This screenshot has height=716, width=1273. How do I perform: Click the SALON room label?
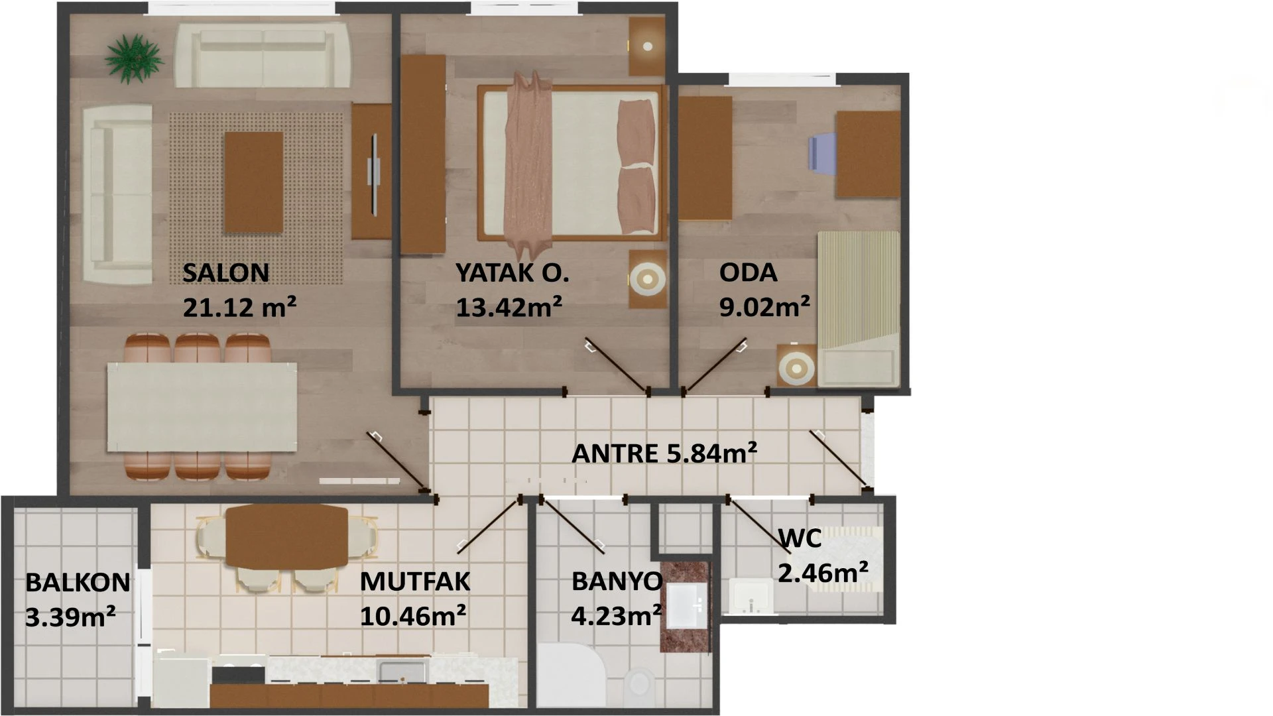pyautogui.click(x=225, y=272)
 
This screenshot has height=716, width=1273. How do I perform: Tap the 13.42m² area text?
pyautogui.click(x=509, y=307)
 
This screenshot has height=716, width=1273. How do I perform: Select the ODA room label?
pyautogui.click(x=748, y=272)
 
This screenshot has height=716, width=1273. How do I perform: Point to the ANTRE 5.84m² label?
pyautogui.click(x=664, y=453)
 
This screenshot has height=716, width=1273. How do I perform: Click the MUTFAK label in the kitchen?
pyautogui.click(x=415, y=581)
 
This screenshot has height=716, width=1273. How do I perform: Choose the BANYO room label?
pyautogui.click(x=617, y=581)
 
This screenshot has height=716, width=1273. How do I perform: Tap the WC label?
pyautogui.click(x=800, y=538)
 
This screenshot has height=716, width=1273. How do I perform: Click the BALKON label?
pyautogui.click(x=78, y=583)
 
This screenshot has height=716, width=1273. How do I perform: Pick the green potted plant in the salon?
pyautogui.click(x=135, y=58)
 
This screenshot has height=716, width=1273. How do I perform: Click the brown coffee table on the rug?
pyautogui.click(x=254, y=182)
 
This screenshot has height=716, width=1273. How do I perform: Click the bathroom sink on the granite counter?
pyautogui.click(x=686, y=605)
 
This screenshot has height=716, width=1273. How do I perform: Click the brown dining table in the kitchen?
pyautogui.click(x=286, y=536)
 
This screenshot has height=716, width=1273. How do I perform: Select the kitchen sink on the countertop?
pyautogui.click(x=402, y=670)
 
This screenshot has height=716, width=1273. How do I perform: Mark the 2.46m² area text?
pyautogui.click(x=823, y=571)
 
